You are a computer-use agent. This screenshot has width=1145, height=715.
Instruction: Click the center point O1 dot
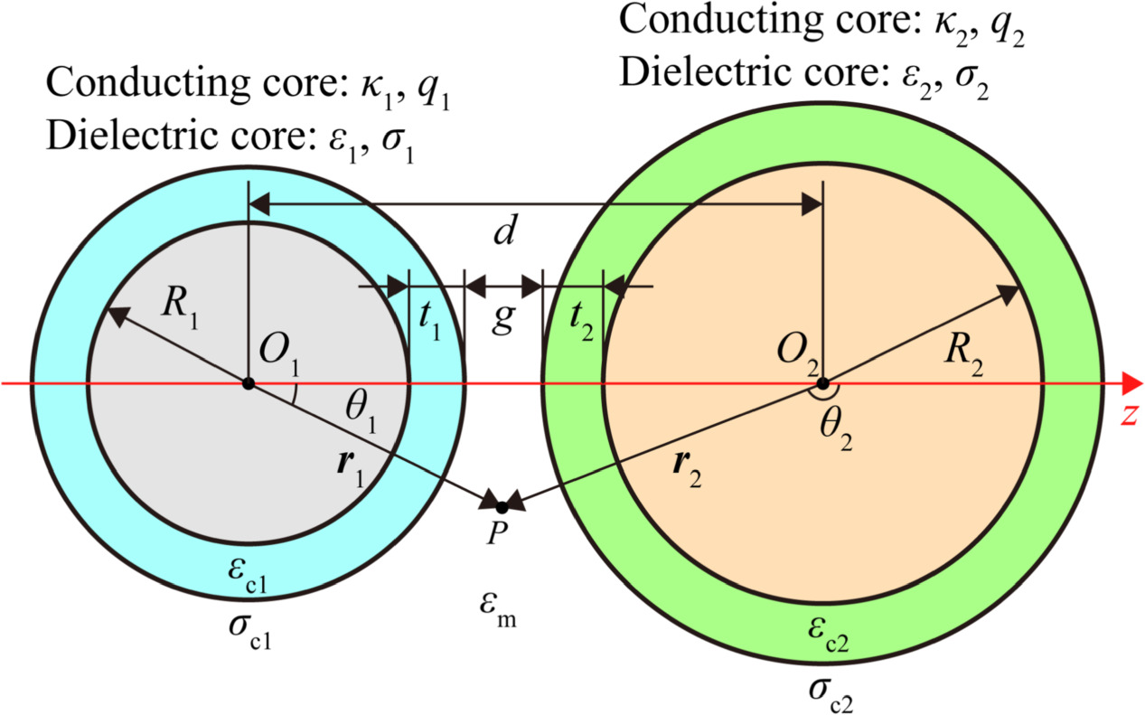pyautogui.click(x=248, y=384)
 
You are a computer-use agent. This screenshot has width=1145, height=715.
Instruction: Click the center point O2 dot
pyautogui.click(x=821, y=384)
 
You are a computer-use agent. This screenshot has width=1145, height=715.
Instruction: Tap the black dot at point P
pyautogui.click(x=502, y=507)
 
